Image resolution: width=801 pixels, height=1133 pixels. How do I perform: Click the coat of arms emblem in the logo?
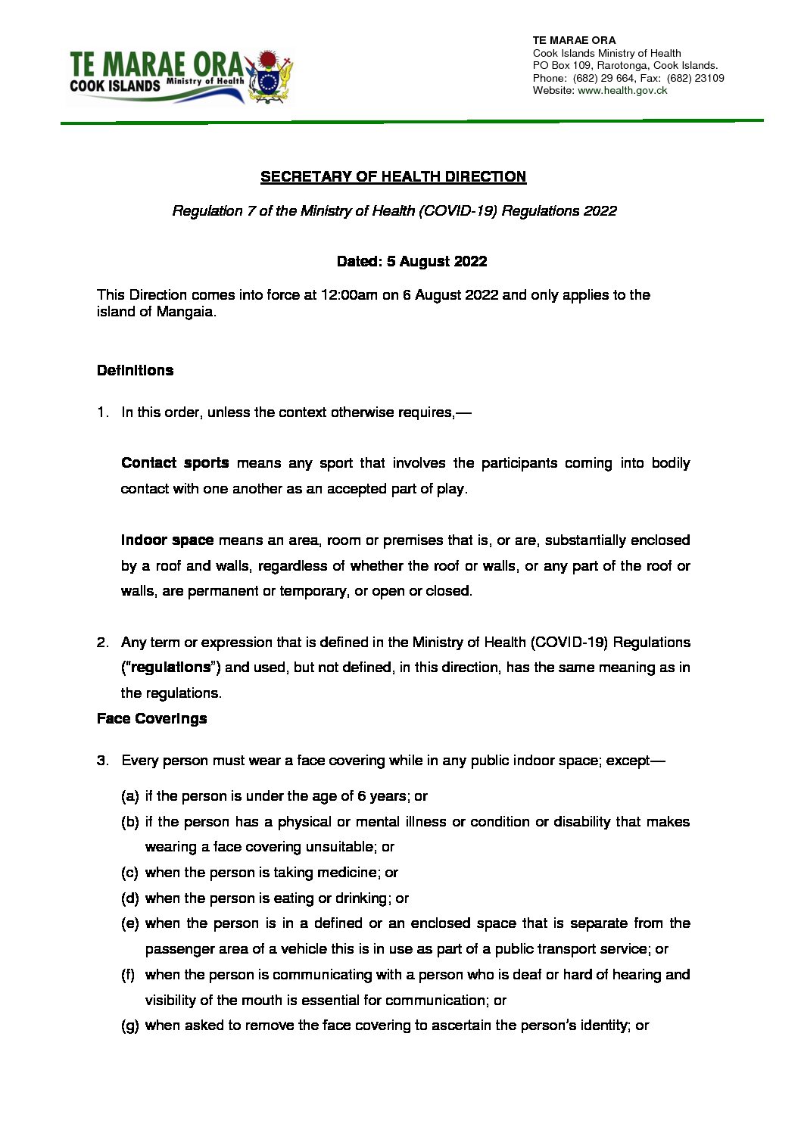(270, 77)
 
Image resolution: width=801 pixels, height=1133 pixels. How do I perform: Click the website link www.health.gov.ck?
(622, 90)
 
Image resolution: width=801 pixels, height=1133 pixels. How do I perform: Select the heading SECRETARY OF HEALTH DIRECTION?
(393, 177)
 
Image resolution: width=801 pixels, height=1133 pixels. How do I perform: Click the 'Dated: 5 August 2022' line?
(412, 262)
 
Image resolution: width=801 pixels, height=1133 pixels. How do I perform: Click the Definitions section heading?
(135, 371)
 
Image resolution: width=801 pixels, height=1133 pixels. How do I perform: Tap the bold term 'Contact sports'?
(175, 463)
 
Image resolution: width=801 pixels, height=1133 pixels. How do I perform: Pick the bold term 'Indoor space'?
(167, 540)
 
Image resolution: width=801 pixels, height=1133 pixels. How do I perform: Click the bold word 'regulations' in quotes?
(170, 668)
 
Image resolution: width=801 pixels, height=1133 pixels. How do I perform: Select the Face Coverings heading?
(151, 719)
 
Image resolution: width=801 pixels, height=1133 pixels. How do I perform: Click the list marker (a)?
(129, 796)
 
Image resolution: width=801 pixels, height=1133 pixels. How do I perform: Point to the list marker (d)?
(129, 898)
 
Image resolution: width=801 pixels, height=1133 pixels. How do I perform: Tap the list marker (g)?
(129, 1026)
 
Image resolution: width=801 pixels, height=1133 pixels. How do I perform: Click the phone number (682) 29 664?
(603, 78)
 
